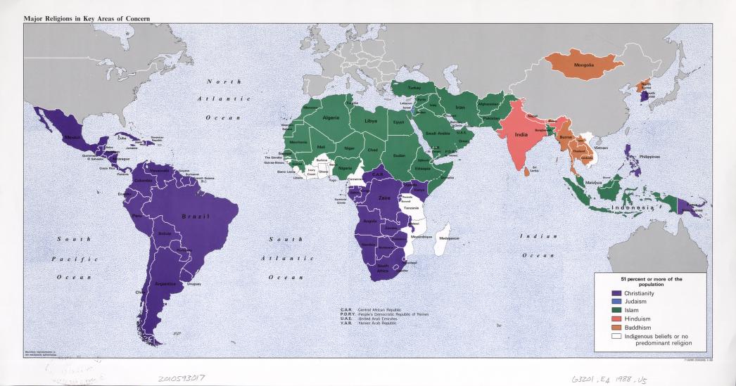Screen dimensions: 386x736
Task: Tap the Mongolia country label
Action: pyautogui.click(x=584, y=65)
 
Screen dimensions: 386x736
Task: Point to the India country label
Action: pyautogui.click(x=521, y=134)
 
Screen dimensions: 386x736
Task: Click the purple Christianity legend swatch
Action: pyautogui.click(x=616, y=293)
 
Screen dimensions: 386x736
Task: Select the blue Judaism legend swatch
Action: pyautogui.click(x=616, y=302)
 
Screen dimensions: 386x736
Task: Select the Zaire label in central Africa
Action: pyautogui.click(x=383, y=199)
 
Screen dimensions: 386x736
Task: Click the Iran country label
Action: pyautogui.click(x=461, y=107)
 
